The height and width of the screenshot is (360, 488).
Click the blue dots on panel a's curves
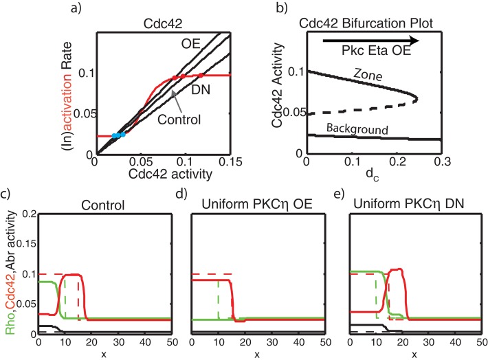[118, 135]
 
